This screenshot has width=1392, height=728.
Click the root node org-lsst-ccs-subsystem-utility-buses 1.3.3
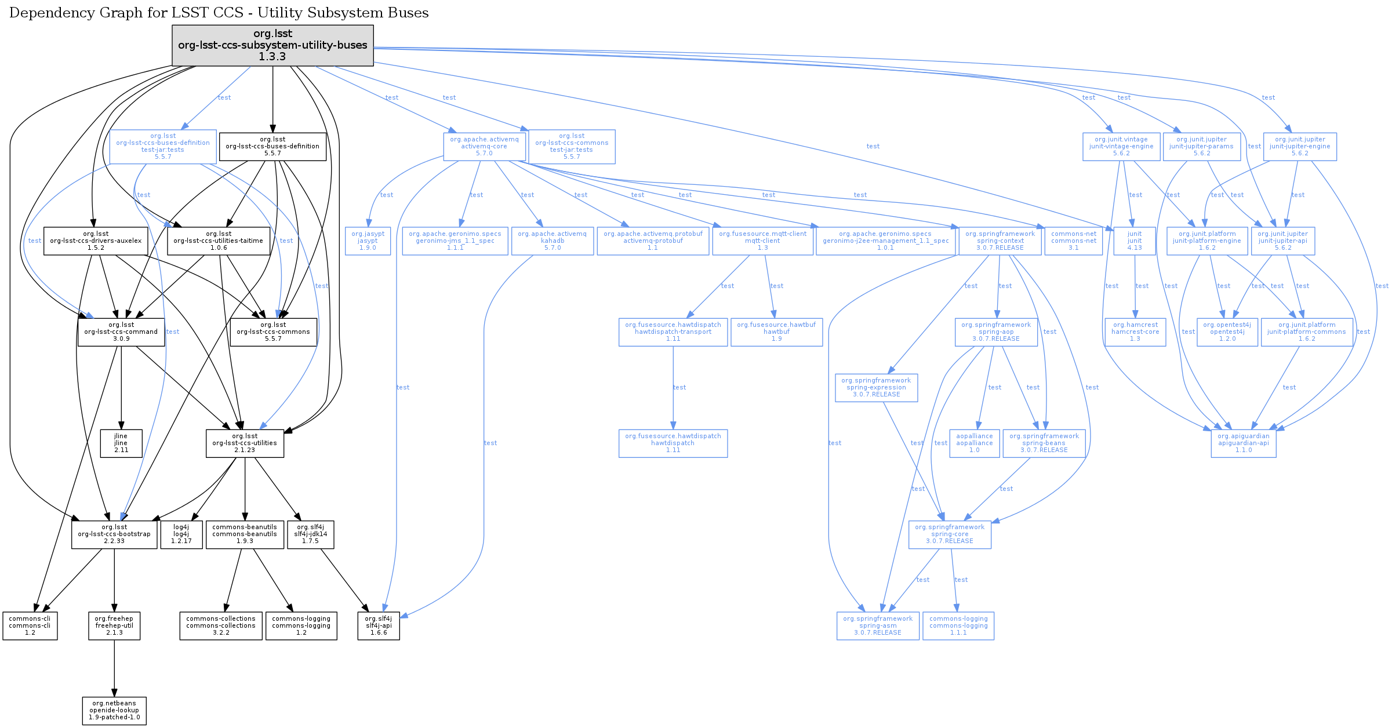coord(272,45)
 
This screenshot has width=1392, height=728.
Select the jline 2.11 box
coord(121,443)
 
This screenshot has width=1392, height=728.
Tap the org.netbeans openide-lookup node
coord(114,711)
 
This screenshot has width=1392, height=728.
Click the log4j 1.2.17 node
coord(181,534)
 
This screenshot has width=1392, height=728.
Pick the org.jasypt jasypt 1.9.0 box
coord(368,241)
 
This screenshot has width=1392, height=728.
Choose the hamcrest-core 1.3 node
coord(1135,332)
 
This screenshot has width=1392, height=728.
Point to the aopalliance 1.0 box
coord(975,443)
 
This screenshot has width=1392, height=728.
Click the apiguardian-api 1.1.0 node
coord(1244,443)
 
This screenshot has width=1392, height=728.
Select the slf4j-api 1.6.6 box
coord(379,626)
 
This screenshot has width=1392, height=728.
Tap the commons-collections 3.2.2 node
coord(221,626)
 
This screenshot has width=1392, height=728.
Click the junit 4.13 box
coord(1135,241)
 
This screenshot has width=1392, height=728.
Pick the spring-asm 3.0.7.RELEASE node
coord(878,626)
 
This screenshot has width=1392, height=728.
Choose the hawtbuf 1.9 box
coord(776,332)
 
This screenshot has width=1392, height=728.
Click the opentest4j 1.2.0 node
coord(1227,332)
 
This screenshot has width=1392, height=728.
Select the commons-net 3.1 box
coord(1074,241)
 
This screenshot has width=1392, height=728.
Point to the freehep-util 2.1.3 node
coord(114,626)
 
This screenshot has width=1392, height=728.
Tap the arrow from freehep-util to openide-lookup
coord(114,668)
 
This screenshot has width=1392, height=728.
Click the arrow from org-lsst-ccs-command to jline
coord(121,388)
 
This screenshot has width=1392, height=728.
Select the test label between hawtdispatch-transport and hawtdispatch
coord(679,387)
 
